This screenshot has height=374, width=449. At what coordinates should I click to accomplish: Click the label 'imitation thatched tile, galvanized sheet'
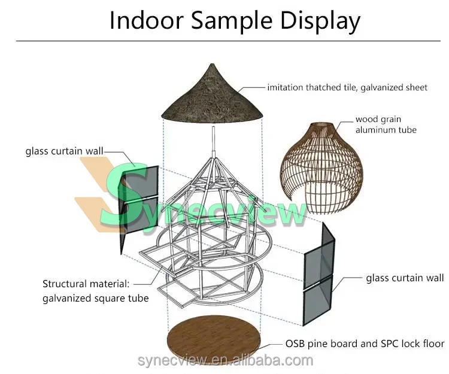point(347,87)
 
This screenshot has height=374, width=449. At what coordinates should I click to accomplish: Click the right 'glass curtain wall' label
point(405,278)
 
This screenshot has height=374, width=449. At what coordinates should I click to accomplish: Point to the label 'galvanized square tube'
point(95,297)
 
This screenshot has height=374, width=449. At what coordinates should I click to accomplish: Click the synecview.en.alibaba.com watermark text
point(224,360)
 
